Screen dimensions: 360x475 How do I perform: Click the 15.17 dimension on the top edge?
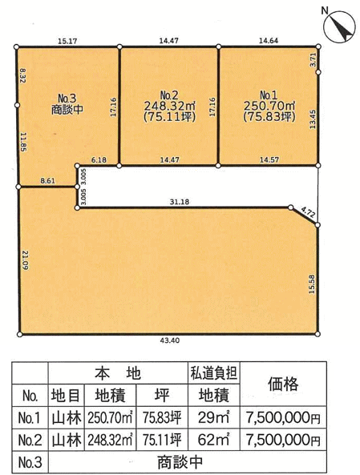(x=67, y=41)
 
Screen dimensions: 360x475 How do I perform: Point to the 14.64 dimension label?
(x=269, y=41)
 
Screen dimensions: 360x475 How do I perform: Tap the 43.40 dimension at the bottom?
(x=169, y=340)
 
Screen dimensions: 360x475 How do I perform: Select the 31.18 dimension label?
(x=180, y=201)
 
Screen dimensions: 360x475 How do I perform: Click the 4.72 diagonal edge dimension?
(x=309, y=212)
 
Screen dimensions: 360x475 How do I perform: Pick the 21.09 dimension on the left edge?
(x=25, y=260)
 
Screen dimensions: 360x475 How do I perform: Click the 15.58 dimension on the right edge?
(x=312, y=284)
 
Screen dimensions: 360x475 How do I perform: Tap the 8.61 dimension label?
(x=47, y=181)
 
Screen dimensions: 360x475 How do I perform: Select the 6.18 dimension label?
(x=99, y=159)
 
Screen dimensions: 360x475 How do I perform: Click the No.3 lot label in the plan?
(x=67, y=99)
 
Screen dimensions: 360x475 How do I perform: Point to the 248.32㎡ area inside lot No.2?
(x=169, y=106)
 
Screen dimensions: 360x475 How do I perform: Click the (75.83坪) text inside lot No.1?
(x=269, y=117)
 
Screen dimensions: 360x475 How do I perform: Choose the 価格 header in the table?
(x=283, y=384)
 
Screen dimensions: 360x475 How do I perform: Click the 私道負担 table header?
(x=213, y=373)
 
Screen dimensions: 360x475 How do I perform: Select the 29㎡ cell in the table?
(x=214, y=418)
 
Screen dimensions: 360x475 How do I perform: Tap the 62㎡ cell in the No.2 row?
(x=214, y=440)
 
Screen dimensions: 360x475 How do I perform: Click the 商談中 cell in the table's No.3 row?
(x=180, y=462)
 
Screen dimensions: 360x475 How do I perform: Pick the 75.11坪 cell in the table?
(x=162, y=440)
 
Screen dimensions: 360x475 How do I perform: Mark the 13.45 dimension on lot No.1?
(x=313, y=119)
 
